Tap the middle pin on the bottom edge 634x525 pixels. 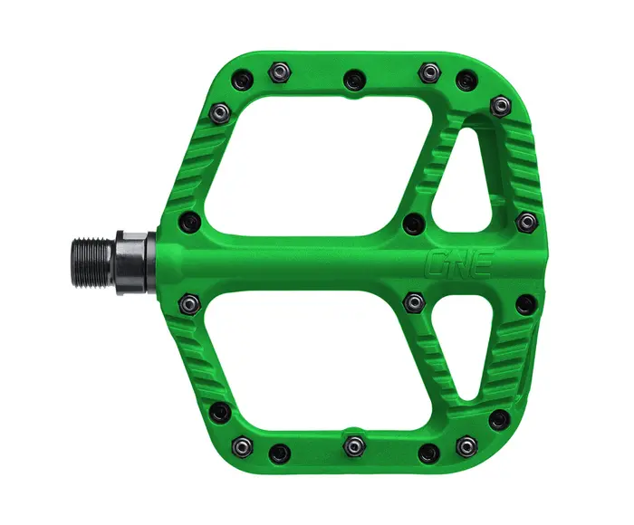[354, 445]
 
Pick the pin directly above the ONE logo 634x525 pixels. [414, 223]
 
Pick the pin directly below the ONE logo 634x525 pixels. [414, 300]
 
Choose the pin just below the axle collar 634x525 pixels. [188, 302]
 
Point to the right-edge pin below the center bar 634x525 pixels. [524, 304]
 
